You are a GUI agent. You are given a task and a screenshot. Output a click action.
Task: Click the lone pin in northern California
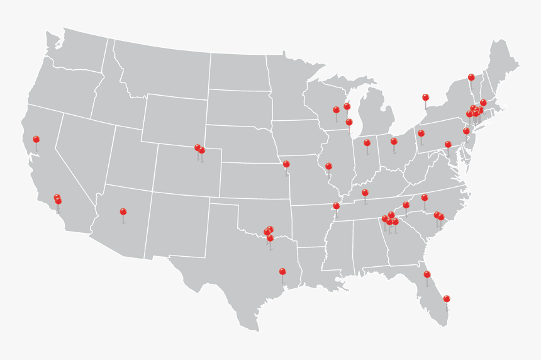click(36, 139)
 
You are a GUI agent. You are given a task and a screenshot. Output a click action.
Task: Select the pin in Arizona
click(123, 211)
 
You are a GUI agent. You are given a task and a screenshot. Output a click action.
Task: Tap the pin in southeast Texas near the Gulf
click(282, 271)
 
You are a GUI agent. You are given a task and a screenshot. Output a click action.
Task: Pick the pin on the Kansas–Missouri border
click(286, 164)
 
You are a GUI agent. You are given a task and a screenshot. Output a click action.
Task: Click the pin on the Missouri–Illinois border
click(328, 166)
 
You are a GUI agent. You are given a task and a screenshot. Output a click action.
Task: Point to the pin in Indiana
click(367, 143)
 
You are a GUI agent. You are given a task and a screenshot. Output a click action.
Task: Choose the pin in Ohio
click(394, 142)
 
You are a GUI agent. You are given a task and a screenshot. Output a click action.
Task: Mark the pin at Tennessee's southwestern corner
click(336, 206)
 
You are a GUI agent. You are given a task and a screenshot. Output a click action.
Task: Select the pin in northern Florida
click(427, 274)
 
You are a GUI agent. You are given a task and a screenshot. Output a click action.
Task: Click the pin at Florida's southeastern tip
click(447, 298)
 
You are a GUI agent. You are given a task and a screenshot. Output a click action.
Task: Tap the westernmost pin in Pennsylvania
click(421, 133)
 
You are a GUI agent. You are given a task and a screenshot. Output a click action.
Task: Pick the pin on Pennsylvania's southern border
click(448, 144)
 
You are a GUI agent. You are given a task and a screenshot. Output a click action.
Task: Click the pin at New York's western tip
click(425, 98)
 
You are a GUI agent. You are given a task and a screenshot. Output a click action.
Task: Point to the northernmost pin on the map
click(471, 77)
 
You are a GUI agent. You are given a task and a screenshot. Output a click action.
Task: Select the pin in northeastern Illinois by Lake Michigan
click(349, 122)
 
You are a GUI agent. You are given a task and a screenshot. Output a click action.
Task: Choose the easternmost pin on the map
click(483, 103)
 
